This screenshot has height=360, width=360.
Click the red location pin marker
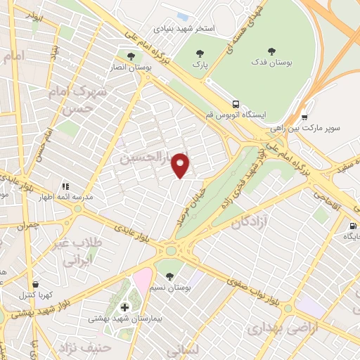point(181,165)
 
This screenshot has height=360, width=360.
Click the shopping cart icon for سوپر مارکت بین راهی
point(304,117)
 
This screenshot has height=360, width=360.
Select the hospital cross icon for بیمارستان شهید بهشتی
point(125,307)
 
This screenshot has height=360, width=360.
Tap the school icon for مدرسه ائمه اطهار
point(65,186)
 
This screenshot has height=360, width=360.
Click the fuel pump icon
point(351,226)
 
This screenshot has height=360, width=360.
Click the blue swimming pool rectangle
point(183,16)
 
